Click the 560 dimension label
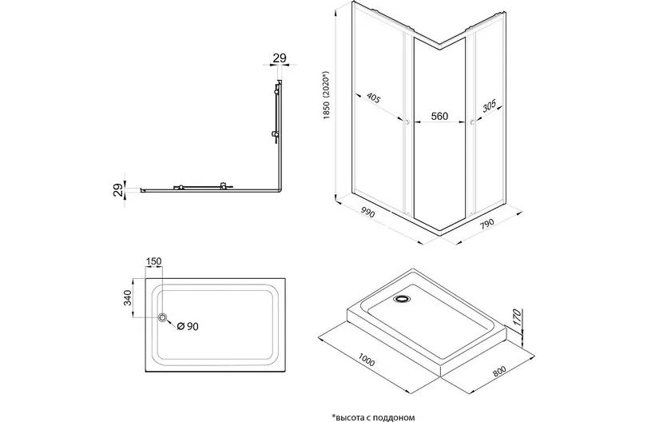tap(439, 117)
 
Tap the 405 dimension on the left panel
tap(373, 98)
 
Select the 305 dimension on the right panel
tap(489, 106)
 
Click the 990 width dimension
tap(367, 213)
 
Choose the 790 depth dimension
tap(487, 223)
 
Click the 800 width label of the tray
tap(498, 369)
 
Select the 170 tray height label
tap(517, 317)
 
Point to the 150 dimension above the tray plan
tap(153, 261)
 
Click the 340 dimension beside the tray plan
tap(127, 297)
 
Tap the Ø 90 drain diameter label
tap(188, 326)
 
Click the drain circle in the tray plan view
tap(163, 317)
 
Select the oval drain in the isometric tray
tap(401, 299)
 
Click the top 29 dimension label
tap(280, 58)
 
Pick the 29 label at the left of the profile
tap(118, 190)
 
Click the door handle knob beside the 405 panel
tap(407, 121)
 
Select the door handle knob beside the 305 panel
tap(471, 121)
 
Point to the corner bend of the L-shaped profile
tap(280, 190)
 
